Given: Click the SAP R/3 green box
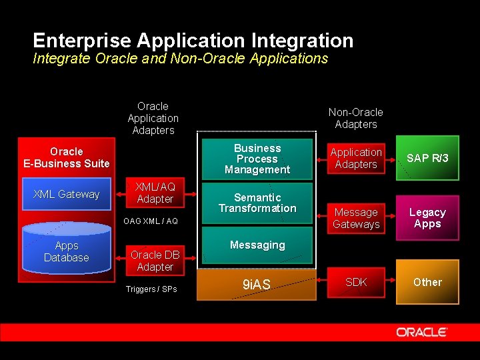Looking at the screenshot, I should pos(427,159).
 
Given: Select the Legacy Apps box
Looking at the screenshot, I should pos(427,218).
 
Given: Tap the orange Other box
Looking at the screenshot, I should pos(427,282).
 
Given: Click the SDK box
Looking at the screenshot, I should pos(356,282).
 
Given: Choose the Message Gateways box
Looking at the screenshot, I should pos(356,219).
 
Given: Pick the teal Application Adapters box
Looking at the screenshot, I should pos(356,159).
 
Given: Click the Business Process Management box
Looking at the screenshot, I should pos(257,159).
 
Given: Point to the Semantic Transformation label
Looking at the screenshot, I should pos(257,203).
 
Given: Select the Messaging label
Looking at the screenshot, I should pos(257,245).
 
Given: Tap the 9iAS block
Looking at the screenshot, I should pos(257,285).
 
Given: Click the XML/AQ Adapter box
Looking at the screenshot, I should pos(155,193).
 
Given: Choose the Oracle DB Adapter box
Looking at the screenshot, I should pos(155,261).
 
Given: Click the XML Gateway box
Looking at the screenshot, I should pos(66,194).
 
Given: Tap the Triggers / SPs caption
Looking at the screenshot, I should pos(151,289).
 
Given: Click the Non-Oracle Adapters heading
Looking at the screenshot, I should pos(356,118).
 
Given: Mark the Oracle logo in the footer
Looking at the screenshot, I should pos(421,332).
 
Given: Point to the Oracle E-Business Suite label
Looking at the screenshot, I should pos(66,157).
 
